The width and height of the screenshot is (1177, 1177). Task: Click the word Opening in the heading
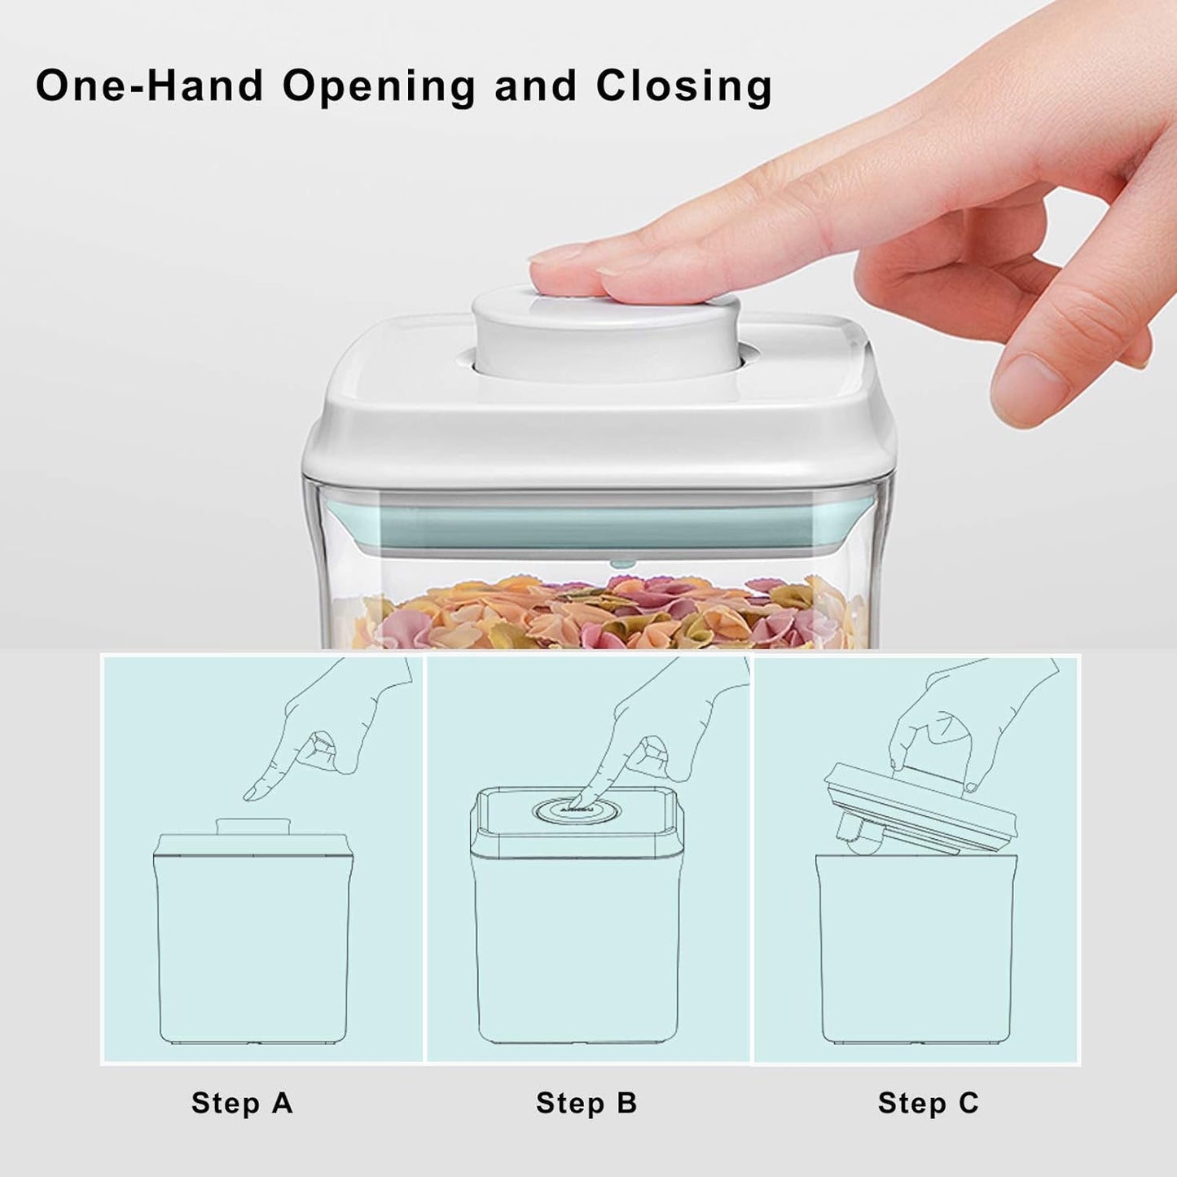[379, 86]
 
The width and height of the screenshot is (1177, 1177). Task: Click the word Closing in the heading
[683, 86]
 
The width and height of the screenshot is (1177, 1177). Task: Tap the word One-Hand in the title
[149, 86]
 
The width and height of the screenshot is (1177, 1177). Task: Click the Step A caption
[242, 1103]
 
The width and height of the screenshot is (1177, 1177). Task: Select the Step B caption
[586, 1103]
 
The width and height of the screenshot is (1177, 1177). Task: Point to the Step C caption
[928, 1103]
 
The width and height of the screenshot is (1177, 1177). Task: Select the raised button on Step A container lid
[253, 826]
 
